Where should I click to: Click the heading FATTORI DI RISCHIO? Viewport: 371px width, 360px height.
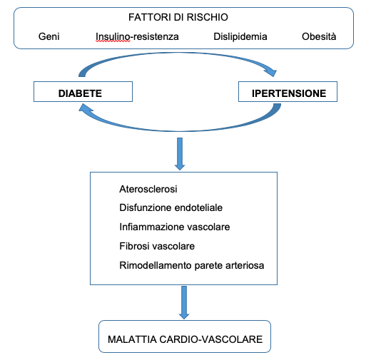point(178,17)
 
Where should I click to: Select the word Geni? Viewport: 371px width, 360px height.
point(49,36)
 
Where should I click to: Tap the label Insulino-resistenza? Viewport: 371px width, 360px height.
point(137,36)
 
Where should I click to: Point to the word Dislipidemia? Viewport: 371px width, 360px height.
point(240,36)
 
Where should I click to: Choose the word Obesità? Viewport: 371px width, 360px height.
point(319,36)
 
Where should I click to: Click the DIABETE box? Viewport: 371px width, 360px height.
point(83,92)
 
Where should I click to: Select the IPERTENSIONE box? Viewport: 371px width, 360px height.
point(288,92)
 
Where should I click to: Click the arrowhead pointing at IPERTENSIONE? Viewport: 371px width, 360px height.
point(271,72)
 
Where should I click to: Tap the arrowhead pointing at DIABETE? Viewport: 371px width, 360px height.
point(85,108)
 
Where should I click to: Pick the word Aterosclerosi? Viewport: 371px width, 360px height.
point(148,189)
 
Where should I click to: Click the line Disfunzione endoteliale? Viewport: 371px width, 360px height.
point(171,207)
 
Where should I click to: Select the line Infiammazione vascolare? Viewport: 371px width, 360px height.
point(175,227)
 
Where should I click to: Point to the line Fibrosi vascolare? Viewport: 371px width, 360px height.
point(157,246)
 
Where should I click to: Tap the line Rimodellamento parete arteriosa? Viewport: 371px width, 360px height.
point(192,265)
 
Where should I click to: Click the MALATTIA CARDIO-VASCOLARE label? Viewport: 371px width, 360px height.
point(185,339)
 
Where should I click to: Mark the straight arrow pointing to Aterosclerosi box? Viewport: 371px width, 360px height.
point(180,154)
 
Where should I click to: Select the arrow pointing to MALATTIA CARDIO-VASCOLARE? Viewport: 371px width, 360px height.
point(184,302)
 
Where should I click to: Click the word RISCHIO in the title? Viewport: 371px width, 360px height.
point(208,17)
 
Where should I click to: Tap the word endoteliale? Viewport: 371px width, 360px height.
point(198,207)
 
